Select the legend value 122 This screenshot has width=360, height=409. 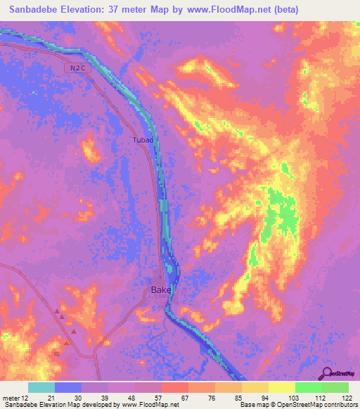click(x=347, y=397)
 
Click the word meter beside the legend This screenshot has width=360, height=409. click(x=12, y=397)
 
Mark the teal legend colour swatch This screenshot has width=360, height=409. click(x=41, y=387)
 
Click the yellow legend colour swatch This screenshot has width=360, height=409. click(x=282, y=387)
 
